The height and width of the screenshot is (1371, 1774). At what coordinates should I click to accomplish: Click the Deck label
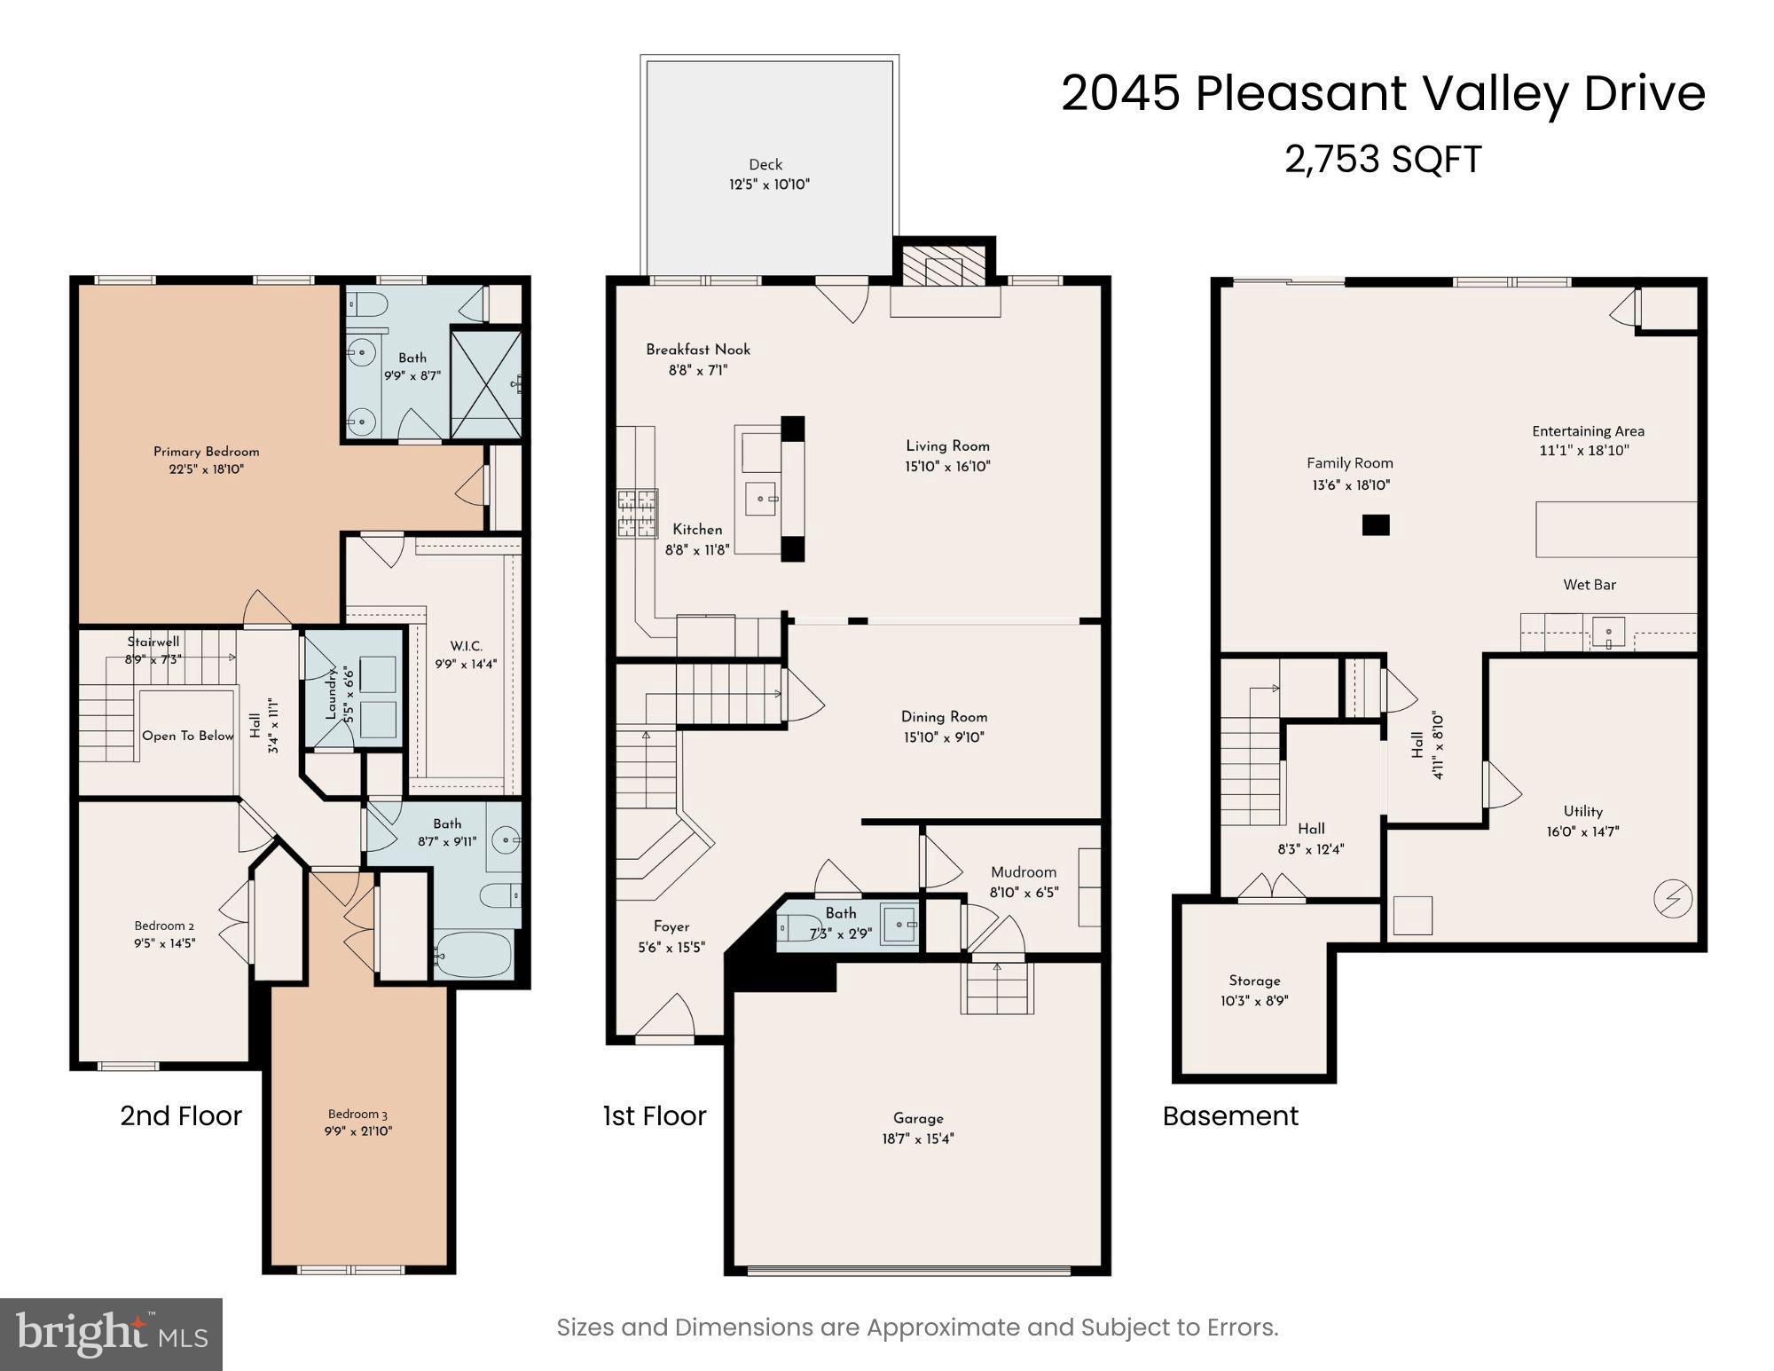[765, 164]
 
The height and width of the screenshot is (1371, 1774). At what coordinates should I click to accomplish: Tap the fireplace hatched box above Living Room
[944, 265]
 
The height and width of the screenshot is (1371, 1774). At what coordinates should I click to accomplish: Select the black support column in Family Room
[1375, 525]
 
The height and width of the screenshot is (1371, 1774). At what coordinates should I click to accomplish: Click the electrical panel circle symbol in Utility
[1672, 899]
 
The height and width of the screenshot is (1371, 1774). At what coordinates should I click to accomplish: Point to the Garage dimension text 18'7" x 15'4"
[918, 1139]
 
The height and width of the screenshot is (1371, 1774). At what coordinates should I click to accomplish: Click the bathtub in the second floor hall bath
[474, 955]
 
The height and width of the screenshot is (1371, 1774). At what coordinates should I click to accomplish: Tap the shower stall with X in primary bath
[485, 383]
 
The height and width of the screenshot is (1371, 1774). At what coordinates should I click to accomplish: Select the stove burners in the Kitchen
[637, 513]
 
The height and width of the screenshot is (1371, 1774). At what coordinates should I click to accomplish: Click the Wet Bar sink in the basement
[1608, 633]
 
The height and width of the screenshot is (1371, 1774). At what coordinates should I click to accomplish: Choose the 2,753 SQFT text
[1382, 160]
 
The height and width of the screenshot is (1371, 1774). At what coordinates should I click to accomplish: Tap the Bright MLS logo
[111, 1333]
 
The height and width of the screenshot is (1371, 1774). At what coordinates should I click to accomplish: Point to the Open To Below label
[188, 736]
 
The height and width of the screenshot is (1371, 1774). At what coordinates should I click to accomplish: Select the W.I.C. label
[466, 646]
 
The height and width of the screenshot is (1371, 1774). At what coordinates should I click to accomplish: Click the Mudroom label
[1024, 872]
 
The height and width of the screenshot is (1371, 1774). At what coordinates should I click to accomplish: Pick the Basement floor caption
[1230, 1115]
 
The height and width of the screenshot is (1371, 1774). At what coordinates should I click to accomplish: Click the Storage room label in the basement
[1254, 981]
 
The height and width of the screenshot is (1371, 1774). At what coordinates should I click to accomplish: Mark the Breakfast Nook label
[698, 350]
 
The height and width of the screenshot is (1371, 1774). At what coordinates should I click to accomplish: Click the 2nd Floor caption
[181, 1115]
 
